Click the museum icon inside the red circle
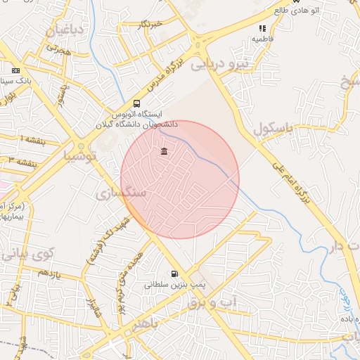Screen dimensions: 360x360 (x=164, y=152)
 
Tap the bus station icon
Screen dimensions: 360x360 (x=136, y=102)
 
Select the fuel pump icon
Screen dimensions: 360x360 (x=174, y=274)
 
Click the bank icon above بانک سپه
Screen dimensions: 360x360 (x=15, y=70)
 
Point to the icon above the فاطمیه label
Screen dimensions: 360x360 (x=262, y=29)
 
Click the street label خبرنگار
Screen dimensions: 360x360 (x=150, y=25)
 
